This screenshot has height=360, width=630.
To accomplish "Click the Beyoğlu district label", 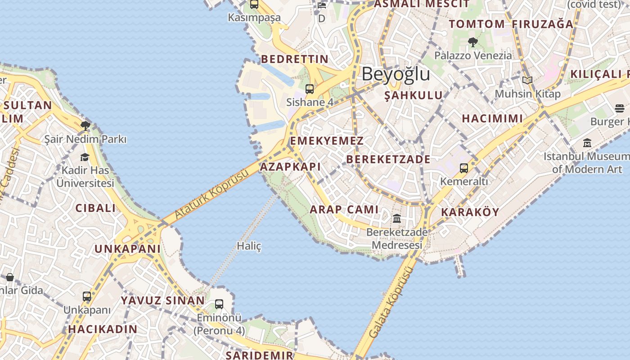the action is point(396,74).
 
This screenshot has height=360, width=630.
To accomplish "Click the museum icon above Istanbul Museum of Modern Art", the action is point(587,143).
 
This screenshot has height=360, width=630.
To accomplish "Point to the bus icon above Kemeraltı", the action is point(464,168).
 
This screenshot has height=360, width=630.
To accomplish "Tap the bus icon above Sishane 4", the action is point(310,89).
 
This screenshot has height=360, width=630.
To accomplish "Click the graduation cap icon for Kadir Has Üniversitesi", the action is point(85,157).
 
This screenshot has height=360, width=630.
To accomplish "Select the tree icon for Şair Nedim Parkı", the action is point(85,126).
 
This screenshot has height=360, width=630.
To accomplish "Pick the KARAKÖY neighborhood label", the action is point(470,212).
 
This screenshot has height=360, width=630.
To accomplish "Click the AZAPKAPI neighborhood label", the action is point(290,167).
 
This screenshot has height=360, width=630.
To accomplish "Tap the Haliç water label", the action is point(249,246).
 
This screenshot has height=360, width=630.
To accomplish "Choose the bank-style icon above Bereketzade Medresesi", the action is point(397,219).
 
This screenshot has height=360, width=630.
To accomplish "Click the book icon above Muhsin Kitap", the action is point(527,81).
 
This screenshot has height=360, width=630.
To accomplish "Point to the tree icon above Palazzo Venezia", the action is point(472,42).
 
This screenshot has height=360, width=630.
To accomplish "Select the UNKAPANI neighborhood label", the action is point(127,249).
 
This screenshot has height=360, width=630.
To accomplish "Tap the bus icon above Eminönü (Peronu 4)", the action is point(219,304).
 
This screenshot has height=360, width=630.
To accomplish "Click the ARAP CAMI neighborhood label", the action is point(344,209).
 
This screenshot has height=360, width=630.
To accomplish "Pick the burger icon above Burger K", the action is point(620,108).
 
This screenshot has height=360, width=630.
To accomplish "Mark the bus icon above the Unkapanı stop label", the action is point(87,297).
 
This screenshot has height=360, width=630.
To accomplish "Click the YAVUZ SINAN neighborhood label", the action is point(162,301).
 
